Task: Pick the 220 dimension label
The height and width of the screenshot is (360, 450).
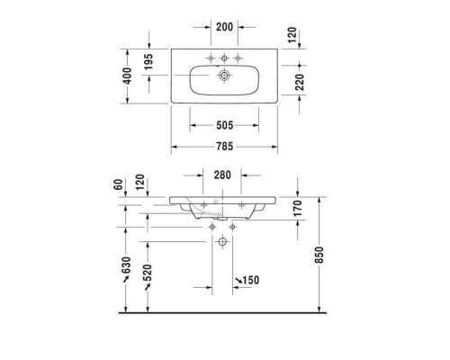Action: click(299, 84)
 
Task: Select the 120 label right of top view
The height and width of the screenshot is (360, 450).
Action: click(299, 34)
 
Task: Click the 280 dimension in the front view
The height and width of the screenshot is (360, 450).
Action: click(223, 175)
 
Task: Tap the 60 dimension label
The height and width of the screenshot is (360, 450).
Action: click(117, 184)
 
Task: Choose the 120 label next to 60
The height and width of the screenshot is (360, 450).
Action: click(139, 184)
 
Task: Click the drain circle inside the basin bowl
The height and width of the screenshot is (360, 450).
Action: click(224, 77)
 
